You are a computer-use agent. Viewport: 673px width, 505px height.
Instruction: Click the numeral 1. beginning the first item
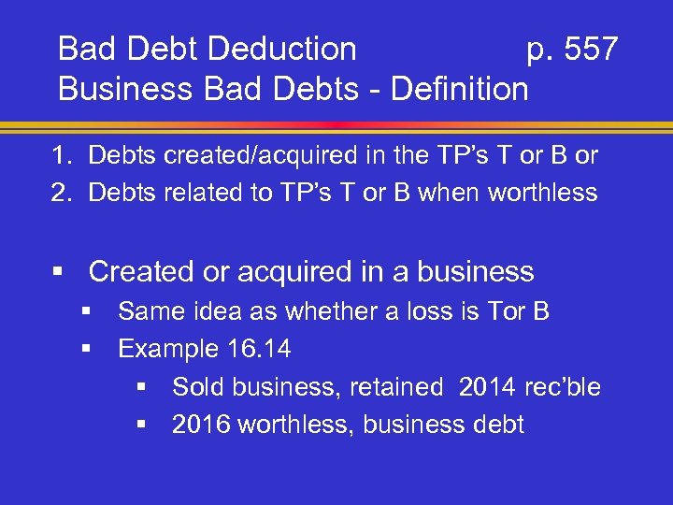[63, 155]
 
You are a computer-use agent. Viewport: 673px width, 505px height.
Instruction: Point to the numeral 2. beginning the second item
[63, 193]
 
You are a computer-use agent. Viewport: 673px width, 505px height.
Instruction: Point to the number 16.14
[259, 350]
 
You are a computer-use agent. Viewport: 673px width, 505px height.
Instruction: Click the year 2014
[486, 387]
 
